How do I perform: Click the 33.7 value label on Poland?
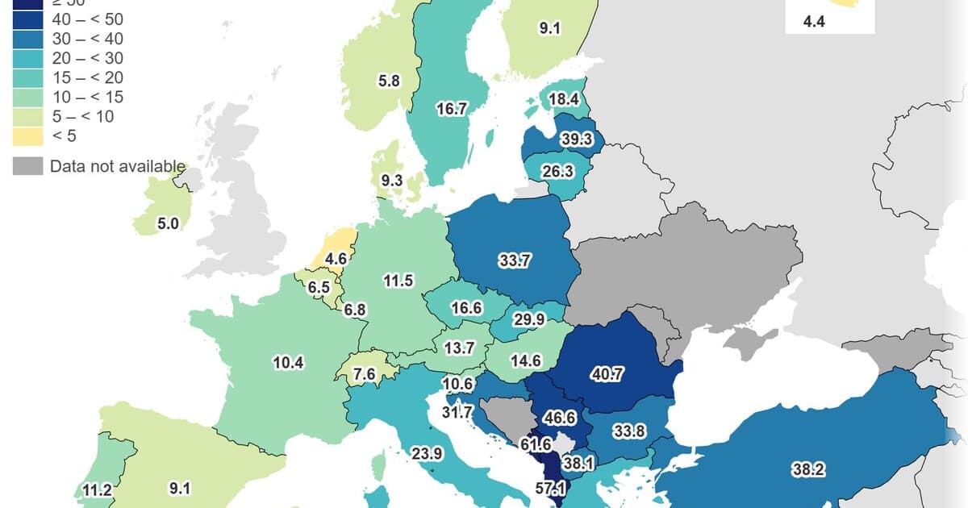pyautogui.click(x=514, y=260)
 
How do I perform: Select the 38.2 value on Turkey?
pyautogui.click(x=809, y=468)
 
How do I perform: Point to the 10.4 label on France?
pyautogui.click(x=288, y=363)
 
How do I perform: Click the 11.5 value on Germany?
pyautogui.click(x=398, y=281)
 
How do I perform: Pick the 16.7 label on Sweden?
pyautogui.click(x=452, y=109)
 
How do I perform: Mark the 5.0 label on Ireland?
pyautogui.click(x=168, y=224)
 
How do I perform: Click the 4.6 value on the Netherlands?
pyautogui.click(x=336, y=260)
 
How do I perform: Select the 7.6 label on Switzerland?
pyautogui.click(x=365, y=374)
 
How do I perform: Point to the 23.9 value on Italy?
pyautogui.click(x=427, y=454)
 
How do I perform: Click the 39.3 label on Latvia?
pyautogui.click(x=577, y=139)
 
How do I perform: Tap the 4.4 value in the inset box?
pyautogui.click(x=814, y=23)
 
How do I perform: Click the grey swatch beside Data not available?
pyautogui.click(x=27, y=167)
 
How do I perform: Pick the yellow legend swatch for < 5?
pyautogui.click(x=27, y=135)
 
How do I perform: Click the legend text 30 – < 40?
pyautogui.click(x=87, y=39)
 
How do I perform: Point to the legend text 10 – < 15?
pyautogui.click(x=87, y=97)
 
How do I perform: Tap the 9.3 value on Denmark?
pyautogui.click(x=392, y=181)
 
